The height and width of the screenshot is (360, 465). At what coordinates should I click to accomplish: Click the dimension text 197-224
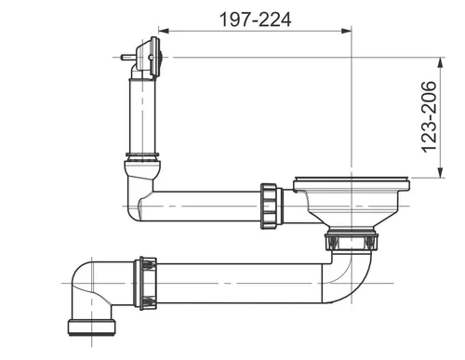tap(255, 20)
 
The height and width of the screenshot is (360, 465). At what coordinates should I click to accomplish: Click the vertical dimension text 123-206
tap(430, 117)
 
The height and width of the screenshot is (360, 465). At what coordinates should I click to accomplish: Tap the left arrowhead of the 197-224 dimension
tap(164, 31)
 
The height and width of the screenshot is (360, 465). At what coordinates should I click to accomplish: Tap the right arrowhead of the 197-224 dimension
tap(347, 31)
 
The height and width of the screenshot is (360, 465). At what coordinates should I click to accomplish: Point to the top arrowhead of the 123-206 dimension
tap(440, 62)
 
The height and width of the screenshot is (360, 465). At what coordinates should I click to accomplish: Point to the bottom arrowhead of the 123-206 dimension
tap(440, 173)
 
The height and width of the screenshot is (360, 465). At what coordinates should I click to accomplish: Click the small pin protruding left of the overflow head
tap(127, 58)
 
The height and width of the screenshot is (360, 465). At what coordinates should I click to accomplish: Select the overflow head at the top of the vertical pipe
tap(147, 59)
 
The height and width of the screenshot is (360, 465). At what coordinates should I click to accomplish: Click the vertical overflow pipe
tap(142, 116)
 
